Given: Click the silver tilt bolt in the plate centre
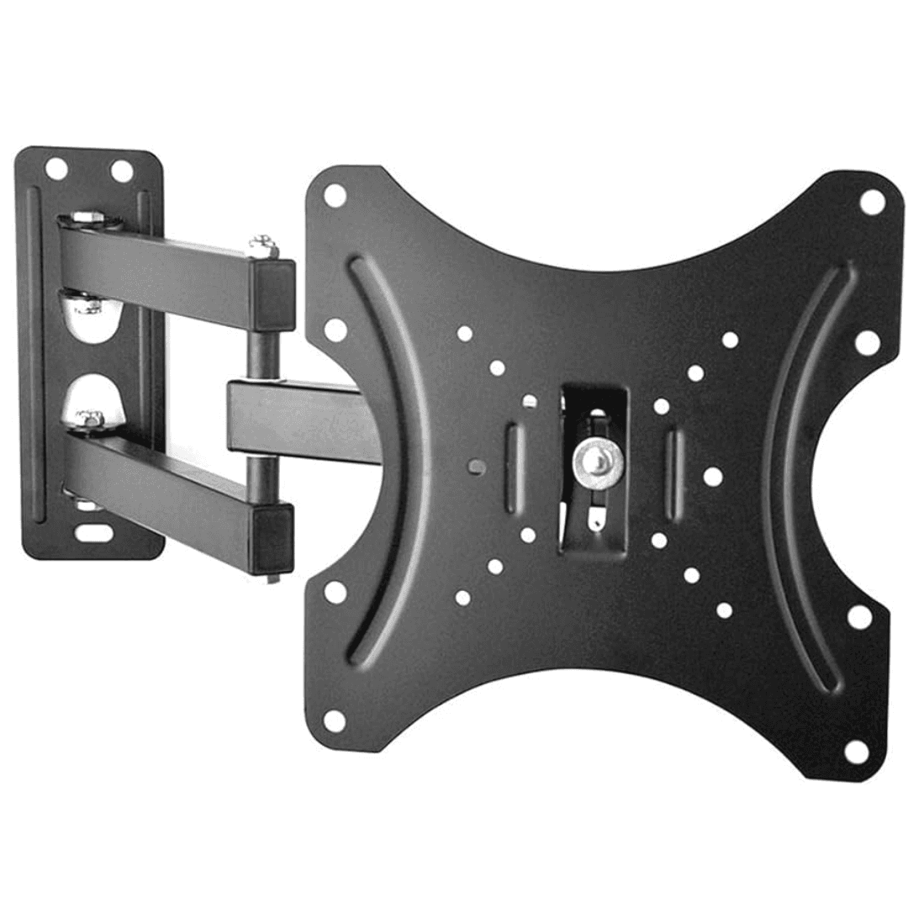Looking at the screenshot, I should tap(598, 458).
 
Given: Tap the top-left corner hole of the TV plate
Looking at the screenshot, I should tap(335, 196).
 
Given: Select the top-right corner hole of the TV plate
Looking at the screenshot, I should tap(871, 202).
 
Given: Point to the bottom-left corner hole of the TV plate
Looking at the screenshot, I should tap(334, 721).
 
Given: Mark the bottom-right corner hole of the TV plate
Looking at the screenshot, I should tap(856, 751).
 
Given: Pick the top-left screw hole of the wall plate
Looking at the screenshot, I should tap(56, 169).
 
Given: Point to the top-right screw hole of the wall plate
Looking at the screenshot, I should tap(122, 172).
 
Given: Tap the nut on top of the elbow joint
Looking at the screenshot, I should tap(263, 245).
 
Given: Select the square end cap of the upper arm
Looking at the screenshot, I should tap(273, 294).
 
